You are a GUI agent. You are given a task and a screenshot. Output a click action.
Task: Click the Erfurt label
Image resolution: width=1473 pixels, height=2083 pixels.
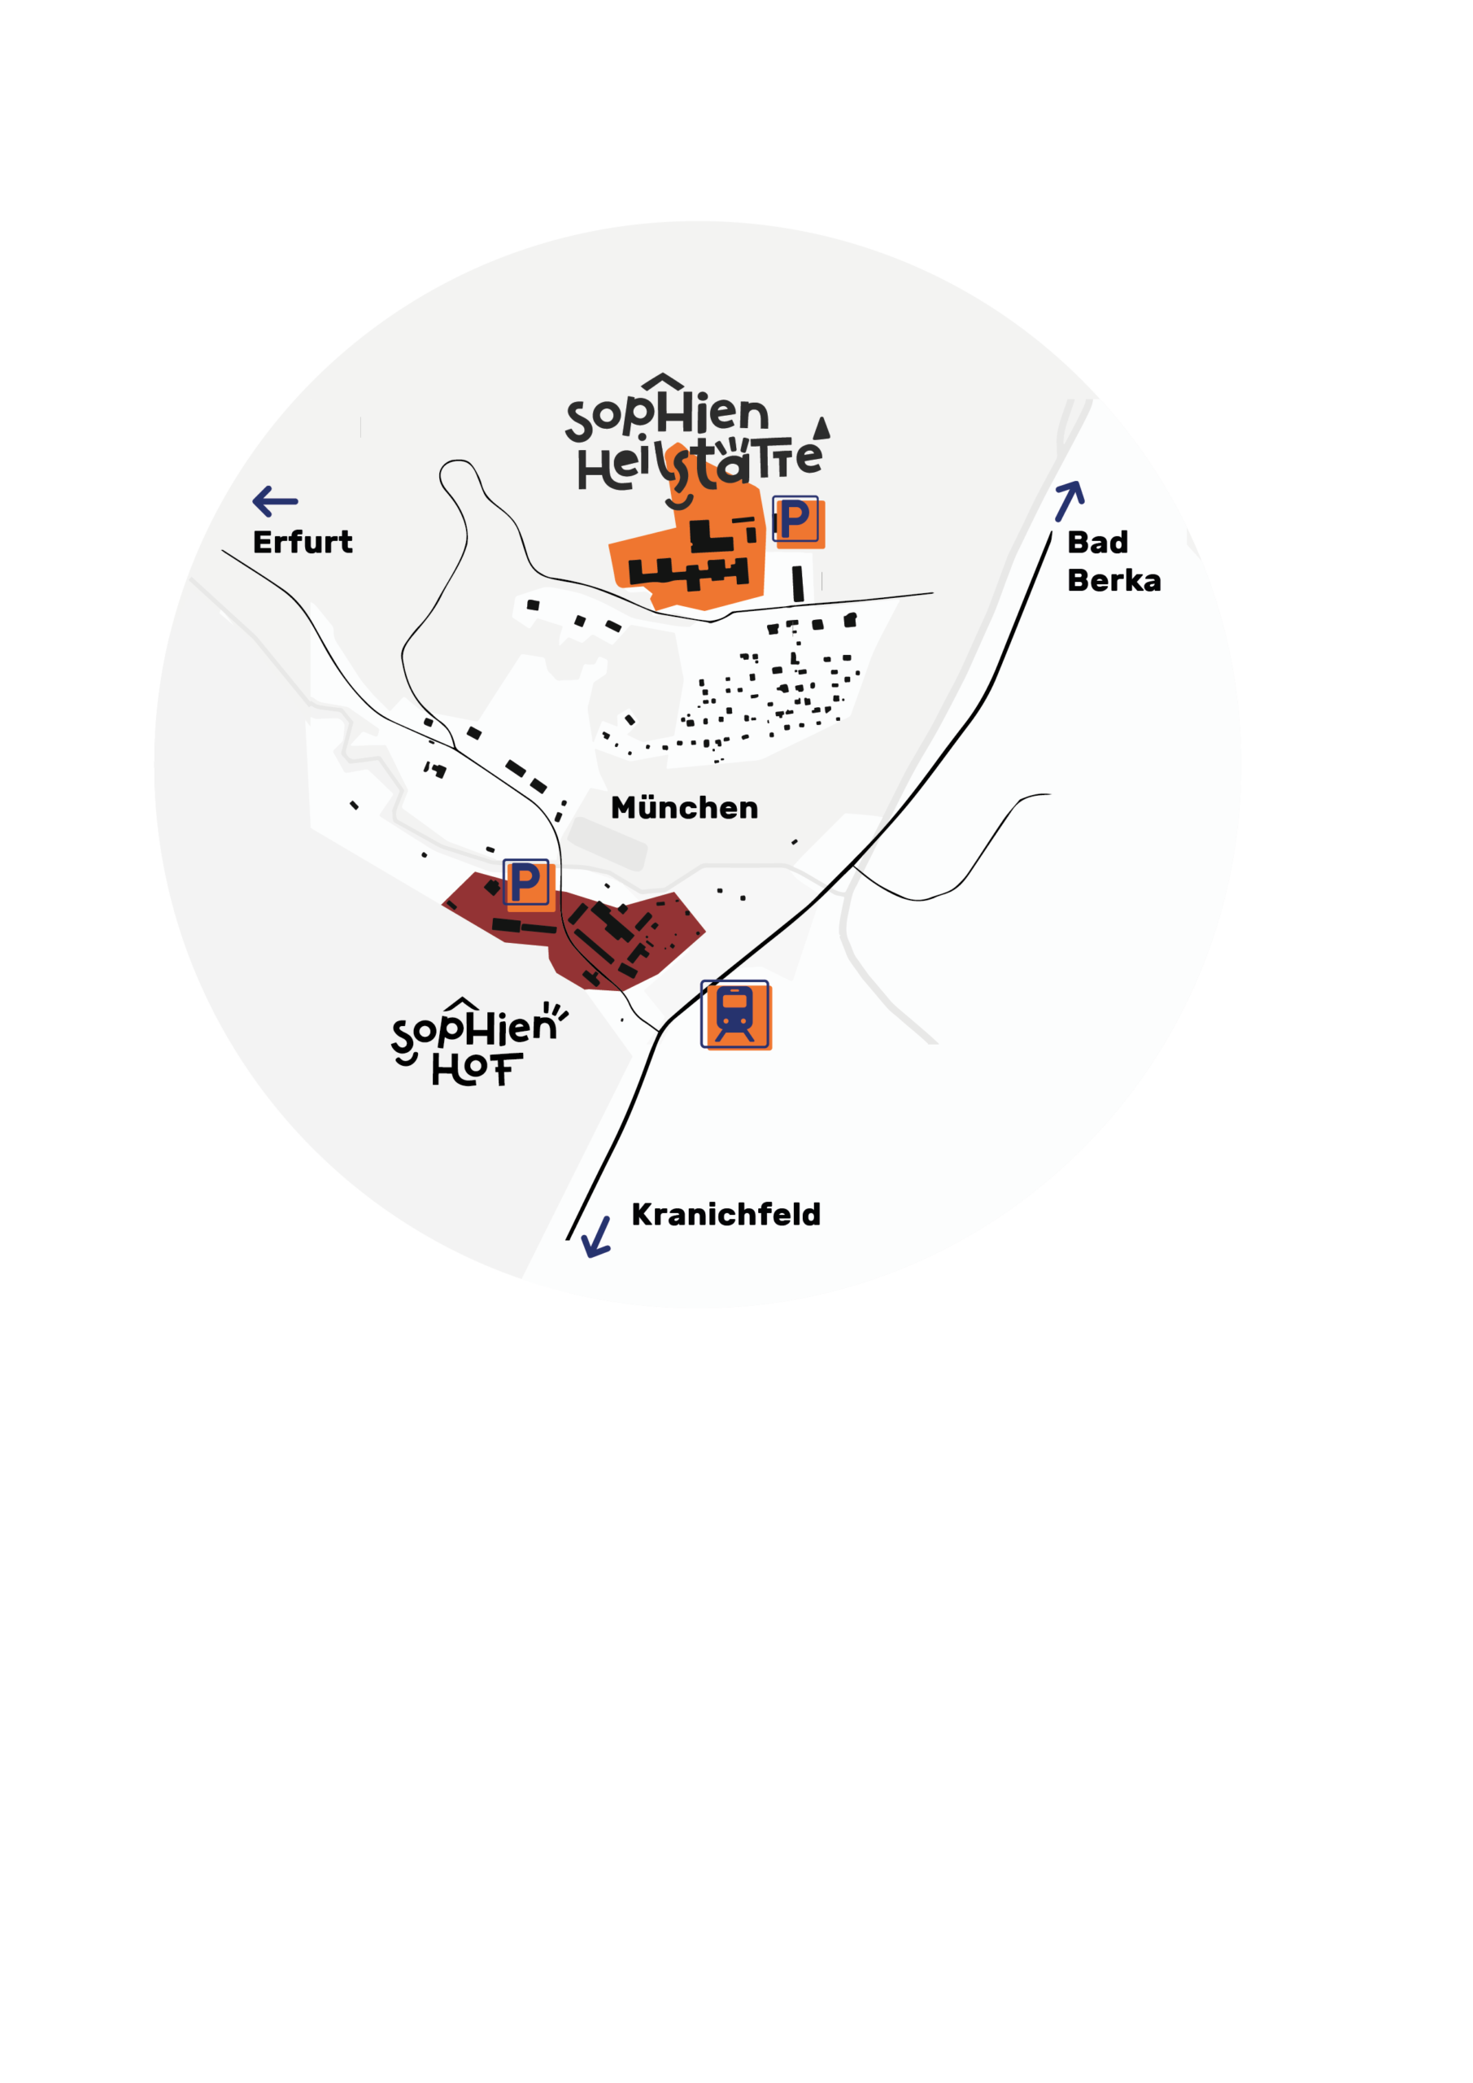[302, 543]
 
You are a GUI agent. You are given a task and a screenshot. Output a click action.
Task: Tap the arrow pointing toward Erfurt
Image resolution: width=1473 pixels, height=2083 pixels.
[275, 500]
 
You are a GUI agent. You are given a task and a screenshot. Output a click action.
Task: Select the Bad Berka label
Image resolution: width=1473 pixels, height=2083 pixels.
[1113, 561]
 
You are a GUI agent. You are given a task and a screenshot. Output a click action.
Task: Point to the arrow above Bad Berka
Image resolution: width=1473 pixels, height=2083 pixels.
[1070, 500]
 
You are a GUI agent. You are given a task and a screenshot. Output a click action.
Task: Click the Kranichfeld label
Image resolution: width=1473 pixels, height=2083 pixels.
[726, 1215]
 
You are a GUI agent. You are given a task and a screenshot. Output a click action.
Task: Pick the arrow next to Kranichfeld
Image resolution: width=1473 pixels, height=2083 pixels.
[597, 1238]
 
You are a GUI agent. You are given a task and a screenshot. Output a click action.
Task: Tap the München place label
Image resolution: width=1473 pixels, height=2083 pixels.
[684, 806]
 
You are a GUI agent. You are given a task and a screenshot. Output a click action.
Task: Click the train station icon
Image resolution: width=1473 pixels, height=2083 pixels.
[735, 1015]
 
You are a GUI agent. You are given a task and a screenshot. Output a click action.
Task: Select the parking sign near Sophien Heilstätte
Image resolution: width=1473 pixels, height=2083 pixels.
[797, 521]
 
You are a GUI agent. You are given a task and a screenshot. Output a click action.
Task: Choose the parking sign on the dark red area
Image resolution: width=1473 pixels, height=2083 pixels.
[528, 884]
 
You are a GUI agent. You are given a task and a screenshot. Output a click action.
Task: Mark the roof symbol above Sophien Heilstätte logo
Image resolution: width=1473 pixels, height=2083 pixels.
[662, 381]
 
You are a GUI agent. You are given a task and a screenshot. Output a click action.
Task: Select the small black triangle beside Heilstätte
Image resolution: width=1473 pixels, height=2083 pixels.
[821, 427]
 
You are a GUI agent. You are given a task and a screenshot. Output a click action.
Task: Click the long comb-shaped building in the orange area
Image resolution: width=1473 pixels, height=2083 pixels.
[688, 573]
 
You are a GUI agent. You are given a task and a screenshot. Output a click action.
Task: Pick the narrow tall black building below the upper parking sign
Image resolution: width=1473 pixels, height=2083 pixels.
[798, 583]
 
